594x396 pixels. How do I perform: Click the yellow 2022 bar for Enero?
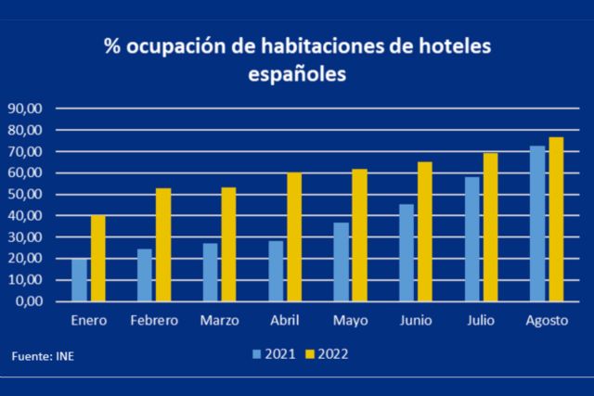coord(97,259)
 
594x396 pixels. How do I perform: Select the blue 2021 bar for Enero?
coord(80,280)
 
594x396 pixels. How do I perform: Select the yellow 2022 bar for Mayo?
coord(357,236)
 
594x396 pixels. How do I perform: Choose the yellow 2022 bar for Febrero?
coord(162,245)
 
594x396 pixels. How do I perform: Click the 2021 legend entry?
coord(274,353)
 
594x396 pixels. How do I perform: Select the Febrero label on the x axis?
coord(154,321)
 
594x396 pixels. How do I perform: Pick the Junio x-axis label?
coord(415,321)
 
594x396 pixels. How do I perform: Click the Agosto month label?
coord(546,321)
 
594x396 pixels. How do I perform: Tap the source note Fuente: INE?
coord(42,355)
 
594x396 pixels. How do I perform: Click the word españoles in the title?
coord(297,74)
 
